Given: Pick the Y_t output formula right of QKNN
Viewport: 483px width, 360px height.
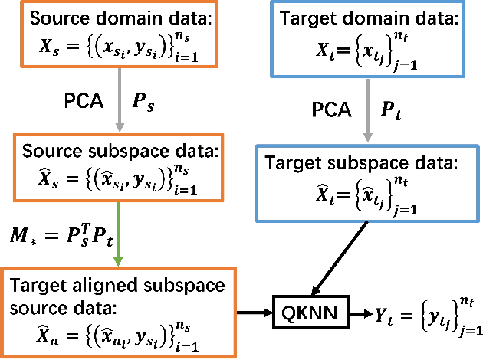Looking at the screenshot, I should tap(426, 314).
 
